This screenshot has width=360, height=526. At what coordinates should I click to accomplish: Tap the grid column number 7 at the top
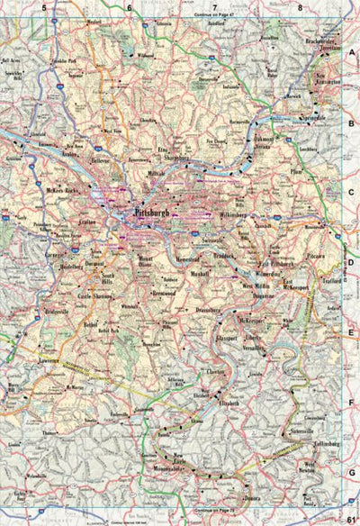point(214,8)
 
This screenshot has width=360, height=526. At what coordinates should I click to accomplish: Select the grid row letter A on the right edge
point(352,53)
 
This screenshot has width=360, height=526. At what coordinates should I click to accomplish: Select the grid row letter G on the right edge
point(352,471)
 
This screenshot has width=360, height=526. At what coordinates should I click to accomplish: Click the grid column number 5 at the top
point(42,8)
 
